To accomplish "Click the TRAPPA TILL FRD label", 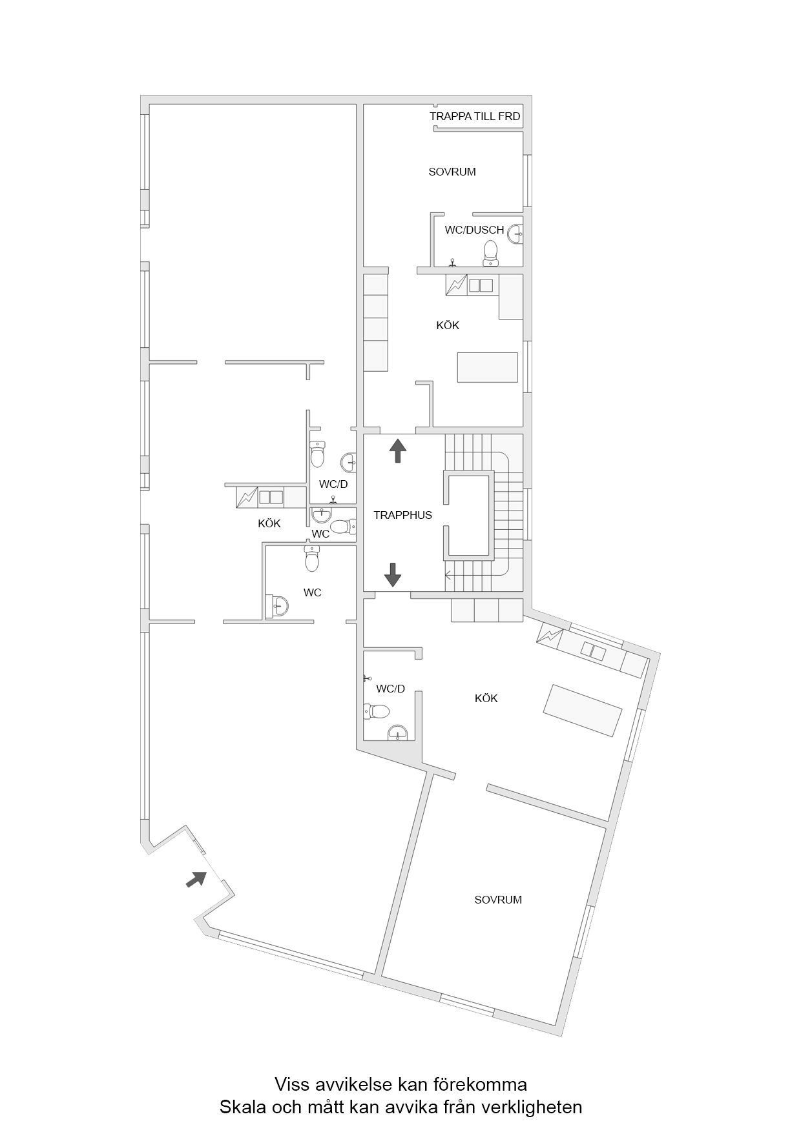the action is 475,117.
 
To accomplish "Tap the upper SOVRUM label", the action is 452,172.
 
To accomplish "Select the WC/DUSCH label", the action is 474,230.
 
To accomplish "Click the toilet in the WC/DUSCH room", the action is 491,253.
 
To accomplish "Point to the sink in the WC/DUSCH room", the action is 515,233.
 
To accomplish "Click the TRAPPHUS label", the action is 402,515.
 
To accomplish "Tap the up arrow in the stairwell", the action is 397,450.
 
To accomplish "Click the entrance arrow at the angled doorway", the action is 196,879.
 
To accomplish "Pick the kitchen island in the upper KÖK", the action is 488,368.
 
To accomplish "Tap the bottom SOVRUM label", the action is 498,900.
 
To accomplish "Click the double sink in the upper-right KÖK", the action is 481,285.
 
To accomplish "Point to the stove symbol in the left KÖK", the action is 247,496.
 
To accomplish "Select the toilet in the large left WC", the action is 313,559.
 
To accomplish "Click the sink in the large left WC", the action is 279,605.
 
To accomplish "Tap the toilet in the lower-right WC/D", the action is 377,711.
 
